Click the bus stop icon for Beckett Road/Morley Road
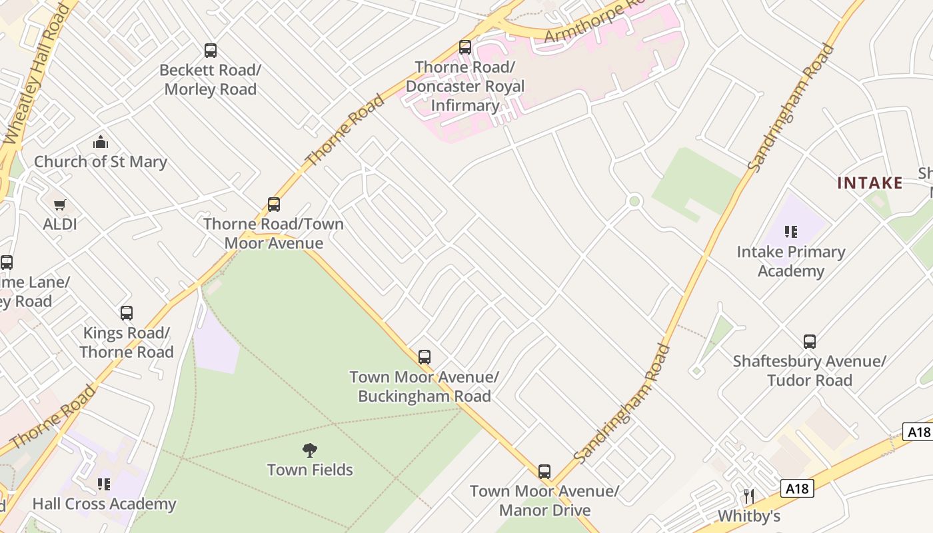coord(211,51)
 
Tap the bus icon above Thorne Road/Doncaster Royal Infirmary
coord(465,47)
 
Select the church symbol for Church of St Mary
coord(101,142)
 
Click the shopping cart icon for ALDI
coord(60,205)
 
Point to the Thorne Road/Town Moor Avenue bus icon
coord(273,205)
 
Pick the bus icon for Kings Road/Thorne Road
coord(126,313)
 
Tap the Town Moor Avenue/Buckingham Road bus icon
coord(425,357)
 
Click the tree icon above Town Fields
coord(310,450)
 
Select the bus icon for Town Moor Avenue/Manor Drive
coord(544,472)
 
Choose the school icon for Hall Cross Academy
coord(104,484)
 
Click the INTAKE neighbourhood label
coord(870,183)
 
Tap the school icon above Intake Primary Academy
coord(791,232)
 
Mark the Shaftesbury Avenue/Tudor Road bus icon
coord(810,342)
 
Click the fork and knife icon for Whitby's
coord(749,496)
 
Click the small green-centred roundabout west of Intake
coord(634,201)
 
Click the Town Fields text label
coord(310,470)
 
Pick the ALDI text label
coord(60,225)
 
